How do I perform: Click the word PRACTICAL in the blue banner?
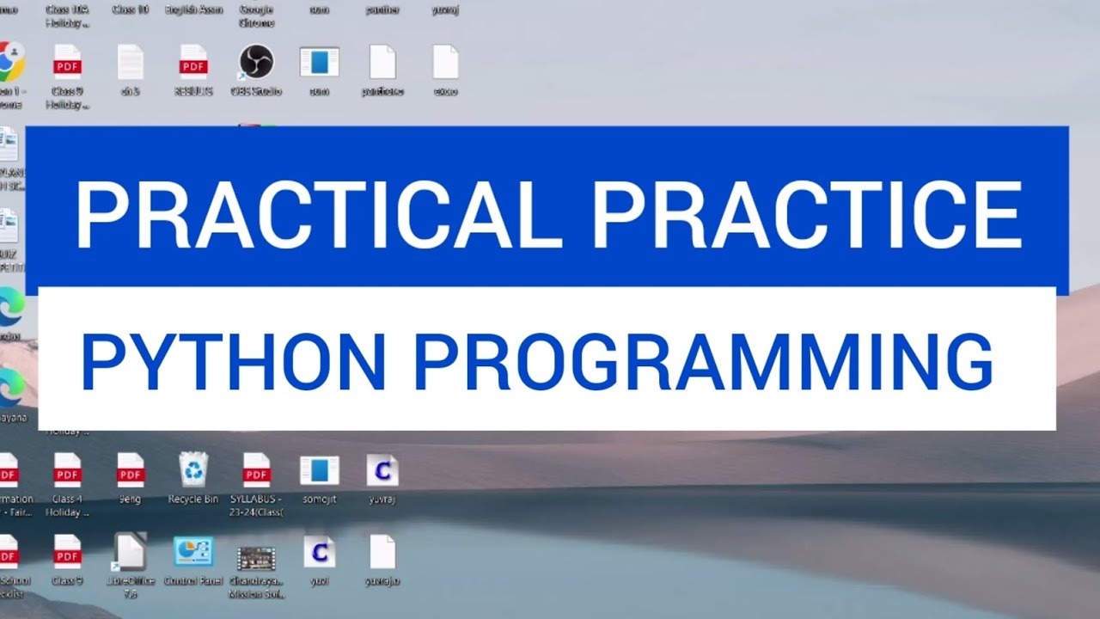[x=319, y=214]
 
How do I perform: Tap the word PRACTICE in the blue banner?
[x=807, y=214]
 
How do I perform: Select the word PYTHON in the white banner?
[x=232, y=362]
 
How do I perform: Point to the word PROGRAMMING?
[x=703, y=362]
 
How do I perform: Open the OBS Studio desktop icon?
[x=256, y=62]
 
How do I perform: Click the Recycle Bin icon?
[x=193, y=469]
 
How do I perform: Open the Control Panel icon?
[x=193, y=552]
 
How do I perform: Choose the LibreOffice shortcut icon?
[x=131, y=552]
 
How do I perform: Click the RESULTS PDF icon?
[x=193, y=62]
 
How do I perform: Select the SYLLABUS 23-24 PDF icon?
[x=256, y=469]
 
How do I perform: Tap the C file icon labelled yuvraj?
[x=382, y=469]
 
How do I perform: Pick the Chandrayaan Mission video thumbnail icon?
[x=256, y=557]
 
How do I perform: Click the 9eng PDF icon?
[x=131, y=469]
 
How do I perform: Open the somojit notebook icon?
[x=319, y=469]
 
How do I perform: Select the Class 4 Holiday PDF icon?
[x=67, y=469]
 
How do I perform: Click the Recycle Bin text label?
[x=193, y=499]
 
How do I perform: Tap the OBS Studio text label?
[x=256, y=91]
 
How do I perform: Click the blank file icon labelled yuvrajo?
[x=382, y=552]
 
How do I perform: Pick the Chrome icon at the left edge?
[x=10, y=62]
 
